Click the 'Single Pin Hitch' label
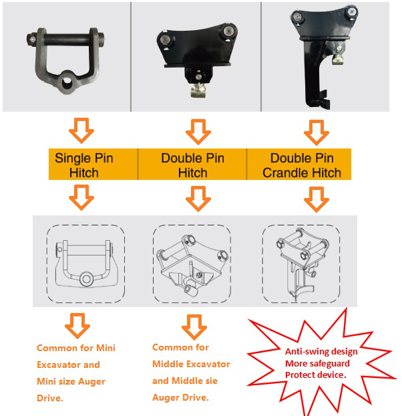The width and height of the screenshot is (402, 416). point(84,165)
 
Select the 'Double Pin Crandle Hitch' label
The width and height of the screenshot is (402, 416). point(302,165)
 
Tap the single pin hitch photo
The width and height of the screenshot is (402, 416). point(66,60)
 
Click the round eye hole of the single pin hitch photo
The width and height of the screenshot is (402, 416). point(66,84)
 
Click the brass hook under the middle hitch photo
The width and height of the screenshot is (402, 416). point(198,90)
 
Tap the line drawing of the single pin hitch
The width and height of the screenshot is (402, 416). point(85,264)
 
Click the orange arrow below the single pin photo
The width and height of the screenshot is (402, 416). point(81,130)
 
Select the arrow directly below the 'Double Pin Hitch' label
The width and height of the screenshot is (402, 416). point(198,199)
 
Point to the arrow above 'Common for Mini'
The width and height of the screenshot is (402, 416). point(77,326)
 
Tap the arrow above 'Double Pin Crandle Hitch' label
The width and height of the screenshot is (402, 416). point(317,132)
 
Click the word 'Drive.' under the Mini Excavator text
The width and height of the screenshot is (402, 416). point(50,398)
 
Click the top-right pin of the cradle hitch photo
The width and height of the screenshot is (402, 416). point(352,12)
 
